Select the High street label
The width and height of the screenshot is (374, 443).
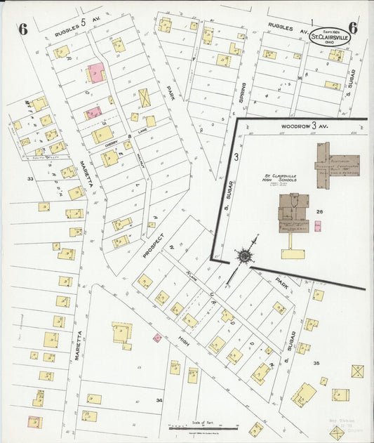tap(184, 342)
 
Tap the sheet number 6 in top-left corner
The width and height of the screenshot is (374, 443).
tap(22, 29)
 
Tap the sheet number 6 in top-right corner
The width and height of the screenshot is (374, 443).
tap(352, 28)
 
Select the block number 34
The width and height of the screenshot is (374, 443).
tap(160, 400)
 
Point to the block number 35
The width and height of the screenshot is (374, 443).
tap(316, 363)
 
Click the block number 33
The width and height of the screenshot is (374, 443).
tap(30, 179)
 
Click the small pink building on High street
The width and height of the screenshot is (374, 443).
tap(157, 338)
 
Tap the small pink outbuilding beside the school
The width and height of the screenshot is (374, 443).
tap(317, 226)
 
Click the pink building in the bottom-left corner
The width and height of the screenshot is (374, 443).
tap(33, 422)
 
